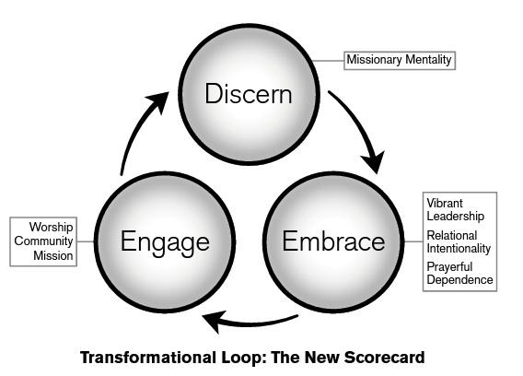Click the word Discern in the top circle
click(x=249, y=93)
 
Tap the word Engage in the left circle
click(x=165, y=242)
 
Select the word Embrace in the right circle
click(x=333, y=241)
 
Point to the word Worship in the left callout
click(x=51, y=227)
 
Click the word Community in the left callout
click(x=43, y=241)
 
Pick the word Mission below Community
click(x=53, y=255)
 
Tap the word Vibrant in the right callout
click(x=445, y=203)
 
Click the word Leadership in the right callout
click(x=455, y=216)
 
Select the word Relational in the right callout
click(x=452, y=235)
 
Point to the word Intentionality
click(x=459, y=249)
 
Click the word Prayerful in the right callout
click(x=449, y=267)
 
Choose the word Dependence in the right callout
click(x=459, y=279)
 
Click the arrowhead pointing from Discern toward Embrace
click(x=374, y=162)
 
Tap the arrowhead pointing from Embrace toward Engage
click(x=213, y=321)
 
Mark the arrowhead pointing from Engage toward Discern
click(x=159, y=100)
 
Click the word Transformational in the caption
click(x=148, y=358)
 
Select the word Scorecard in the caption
click(x=384, y=358)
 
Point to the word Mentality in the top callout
click(x=428, y=60)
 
